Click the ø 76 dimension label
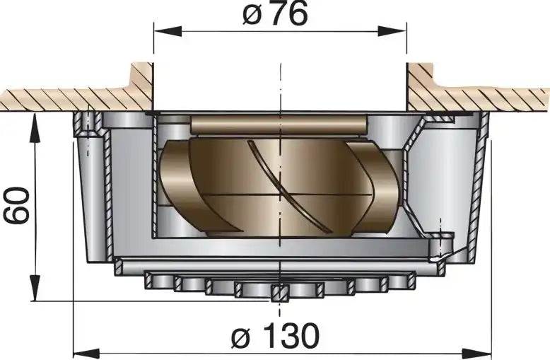275,14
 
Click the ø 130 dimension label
275,336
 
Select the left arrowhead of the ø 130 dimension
87,353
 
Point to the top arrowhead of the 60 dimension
35,128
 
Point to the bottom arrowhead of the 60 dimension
35,287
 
